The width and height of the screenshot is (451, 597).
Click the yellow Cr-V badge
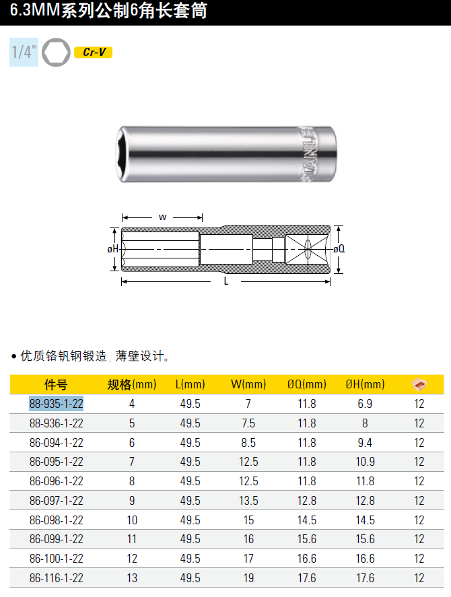pyautogui.click(x=93, y=52)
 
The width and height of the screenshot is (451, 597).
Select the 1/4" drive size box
pyautogui.click(x=24, y=52)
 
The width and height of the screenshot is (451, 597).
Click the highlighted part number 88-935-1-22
pyautogui.click(x=57, y=404)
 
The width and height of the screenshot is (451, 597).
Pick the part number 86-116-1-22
pyautogui.click(x=57, y=578)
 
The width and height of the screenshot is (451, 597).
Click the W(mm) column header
pyautogui.click(x=248, y=384)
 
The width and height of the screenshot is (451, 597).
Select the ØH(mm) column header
pyautogui.click(x=365, y=384)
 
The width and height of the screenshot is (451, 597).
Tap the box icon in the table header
pyautogui.click(x=419, y=384)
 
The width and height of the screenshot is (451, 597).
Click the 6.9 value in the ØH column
pyautogui.click(x=365, y=404)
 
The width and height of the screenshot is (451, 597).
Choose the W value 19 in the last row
pyautogui.click(x=248, y=578)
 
